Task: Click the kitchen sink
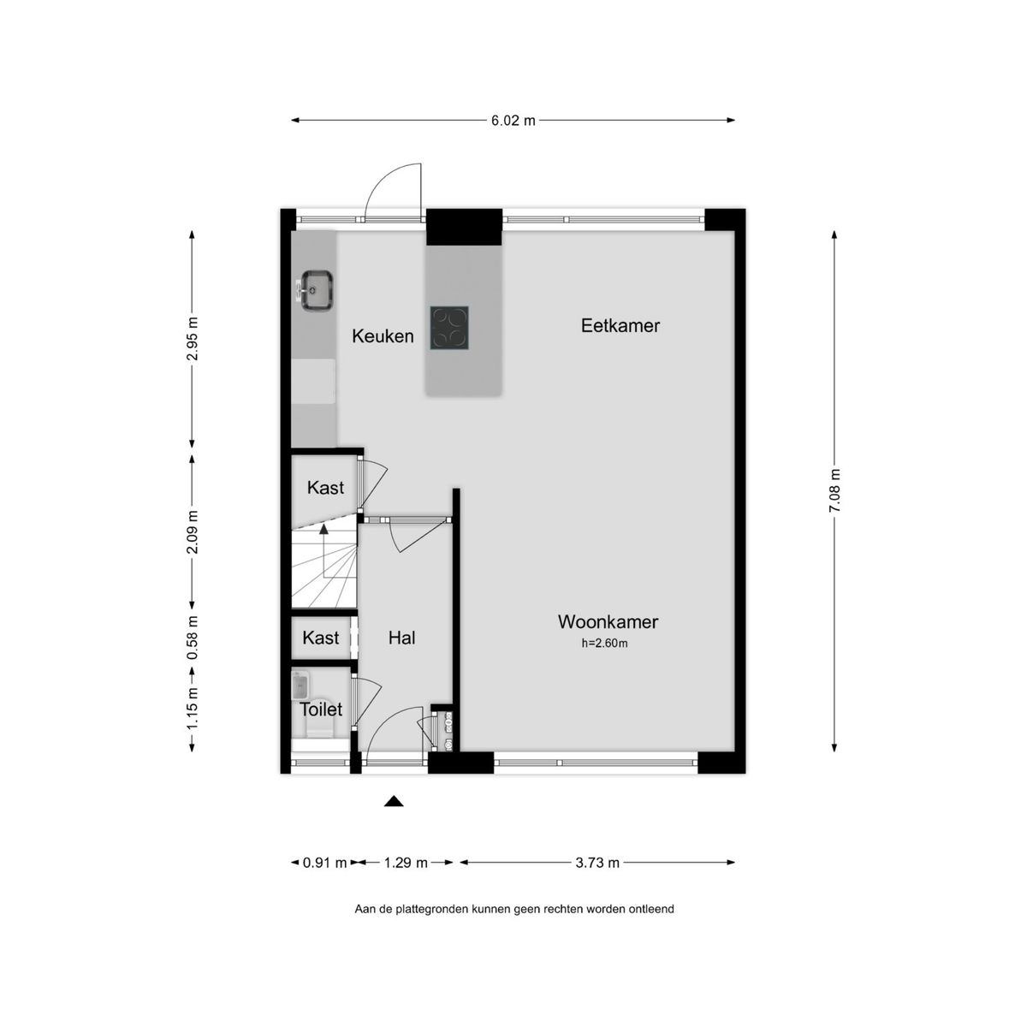[315, 289]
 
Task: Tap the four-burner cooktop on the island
[450, 328]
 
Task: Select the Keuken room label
[383, 336]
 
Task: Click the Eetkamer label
[620, 325]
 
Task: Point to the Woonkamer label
[608, 622]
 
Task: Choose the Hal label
[401, 638]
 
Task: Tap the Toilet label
[320, 709]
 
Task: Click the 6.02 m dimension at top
[513, 121]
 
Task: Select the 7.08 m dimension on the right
[834, 491]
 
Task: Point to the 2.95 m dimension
[193, 339]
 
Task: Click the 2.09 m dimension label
[193, 532]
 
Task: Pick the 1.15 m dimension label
[193, 709]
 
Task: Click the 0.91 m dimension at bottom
[325, 863]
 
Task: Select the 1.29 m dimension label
[405, 863]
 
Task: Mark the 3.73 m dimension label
[597, 863]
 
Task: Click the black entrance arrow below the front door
[393, 801]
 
